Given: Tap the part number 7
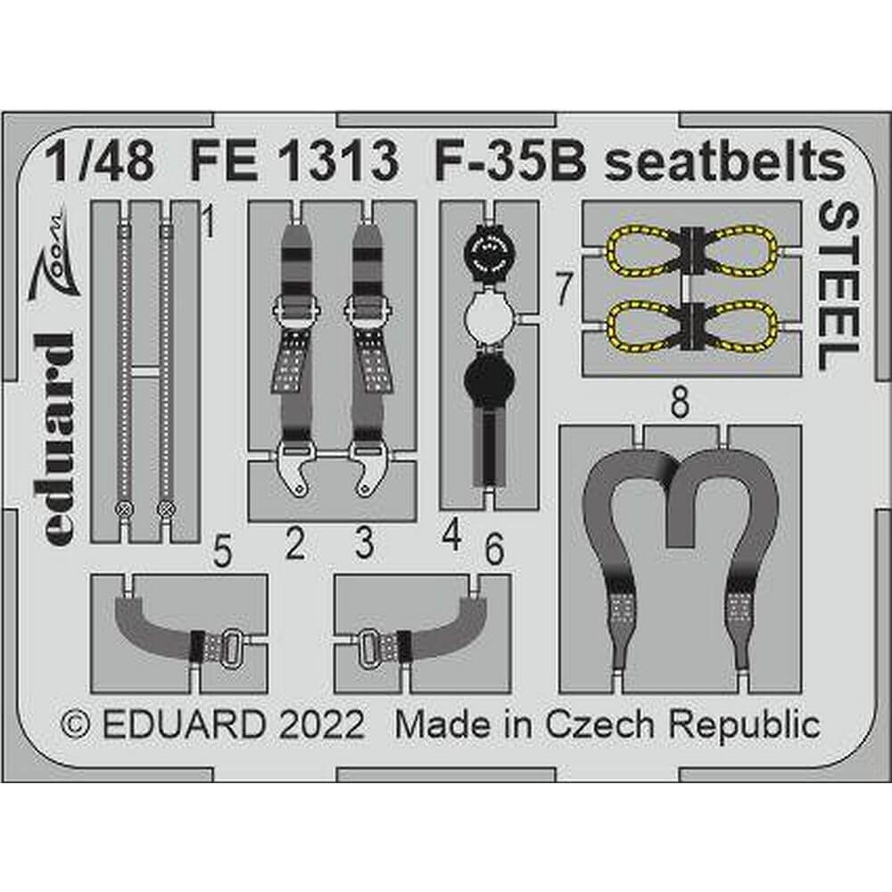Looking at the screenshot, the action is [x=563, y=288].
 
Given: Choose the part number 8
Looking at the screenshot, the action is [x=680, y=402].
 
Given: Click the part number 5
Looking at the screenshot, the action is [x=222, y=551].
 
